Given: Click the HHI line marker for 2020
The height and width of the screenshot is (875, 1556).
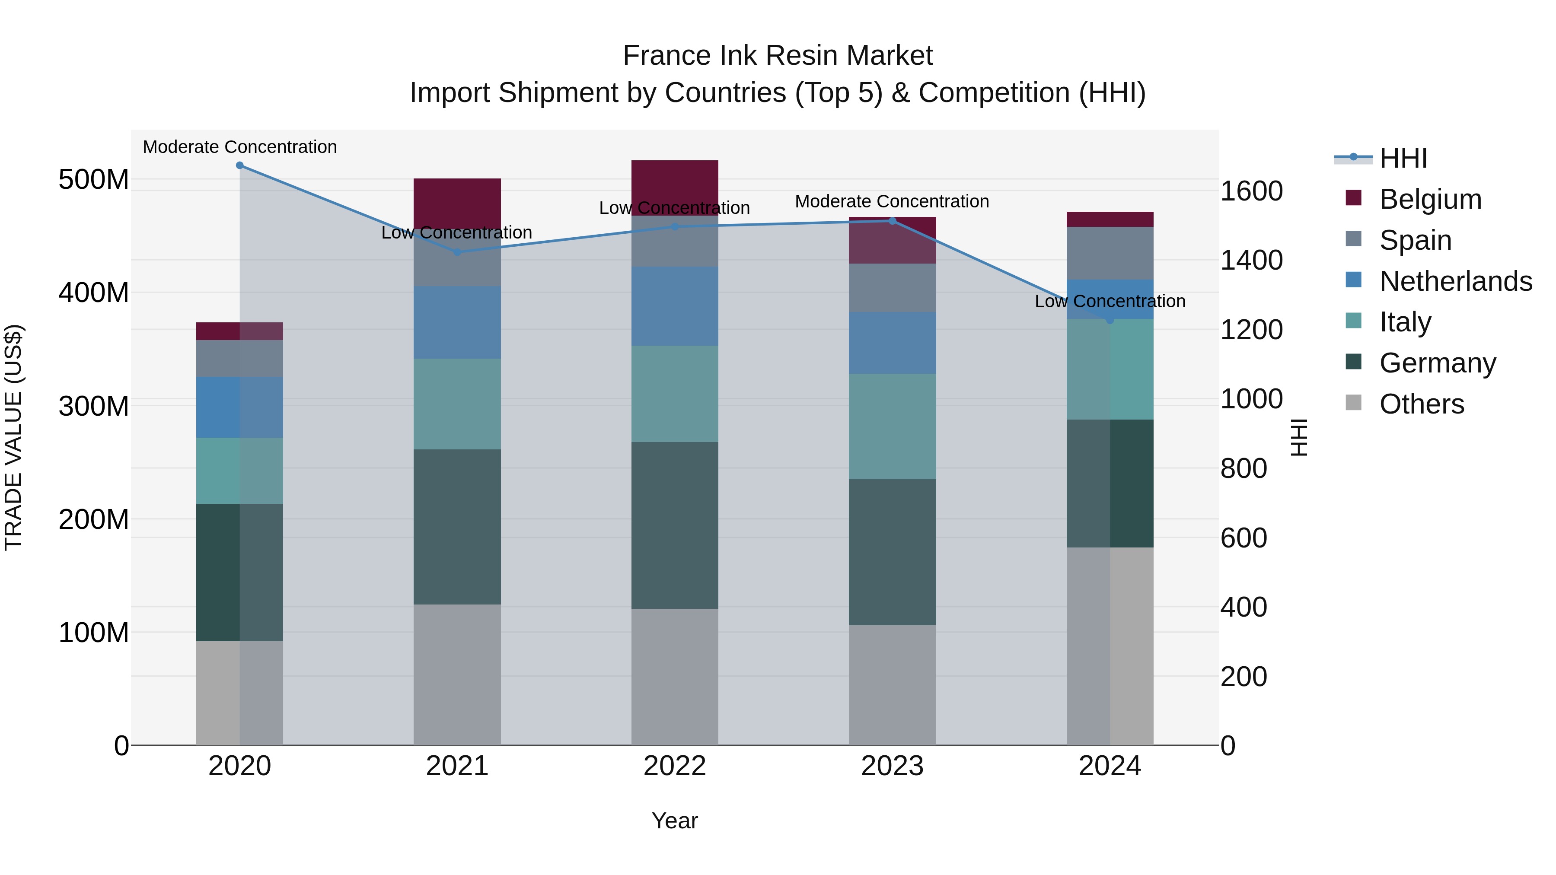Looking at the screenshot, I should click(240, 165).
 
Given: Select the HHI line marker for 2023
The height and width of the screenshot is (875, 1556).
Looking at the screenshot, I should click(892, 221).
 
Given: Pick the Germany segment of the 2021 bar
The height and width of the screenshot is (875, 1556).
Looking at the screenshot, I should click(457, 527).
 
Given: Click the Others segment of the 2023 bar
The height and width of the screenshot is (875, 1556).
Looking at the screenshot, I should click(892, 685).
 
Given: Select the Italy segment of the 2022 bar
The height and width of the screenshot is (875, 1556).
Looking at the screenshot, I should click(675, 394).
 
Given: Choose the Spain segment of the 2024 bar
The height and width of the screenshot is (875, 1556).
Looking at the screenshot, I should click(1110, 253).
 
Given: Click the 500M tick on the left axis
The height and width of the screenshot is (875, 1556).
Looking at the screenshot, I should click(94, 180).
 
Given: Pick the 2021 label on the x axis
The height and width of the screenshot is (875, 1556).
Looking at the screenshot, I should click(457, 766).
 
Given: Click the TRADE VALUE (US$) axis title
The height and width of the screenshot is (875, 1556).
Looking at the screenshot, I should click(13, 437).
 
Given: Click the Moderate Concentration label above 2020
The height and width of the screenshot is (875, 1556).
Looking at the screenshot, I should click(240, 147).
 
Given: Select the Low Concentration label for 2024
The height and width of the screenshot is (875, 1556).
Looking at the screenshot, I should click(1110, 301).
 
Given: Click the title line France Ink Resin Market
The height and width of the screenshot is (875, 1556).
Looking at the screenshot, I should click(778, 56).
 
